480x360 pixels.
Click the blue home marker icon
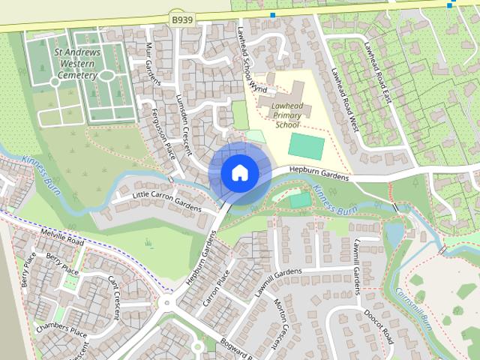(239, 172)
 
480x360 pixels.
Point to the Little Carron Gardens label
(166, 200)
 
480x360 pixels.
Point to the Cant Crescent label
(118, 292)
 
